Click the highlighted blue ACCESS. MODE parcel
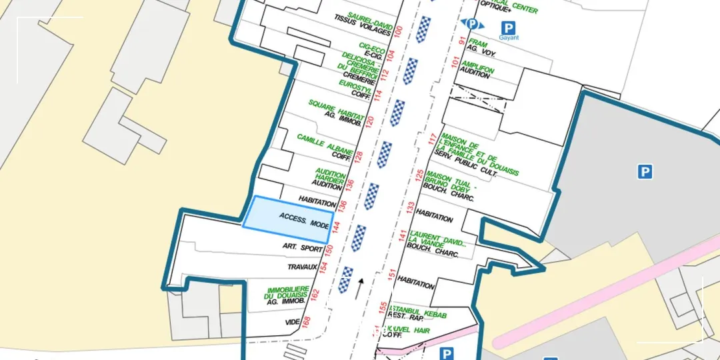pos(287,220)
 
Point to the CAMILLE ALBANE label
pos(325,143)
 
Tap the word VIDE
pos(292,322)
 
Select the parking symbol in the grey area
pos(644,172)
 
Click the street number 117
pos(431,139)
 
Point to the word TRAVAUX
pos(302,267)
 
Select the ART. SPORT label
pos(302,247)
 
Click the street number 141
pos(402,235)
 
